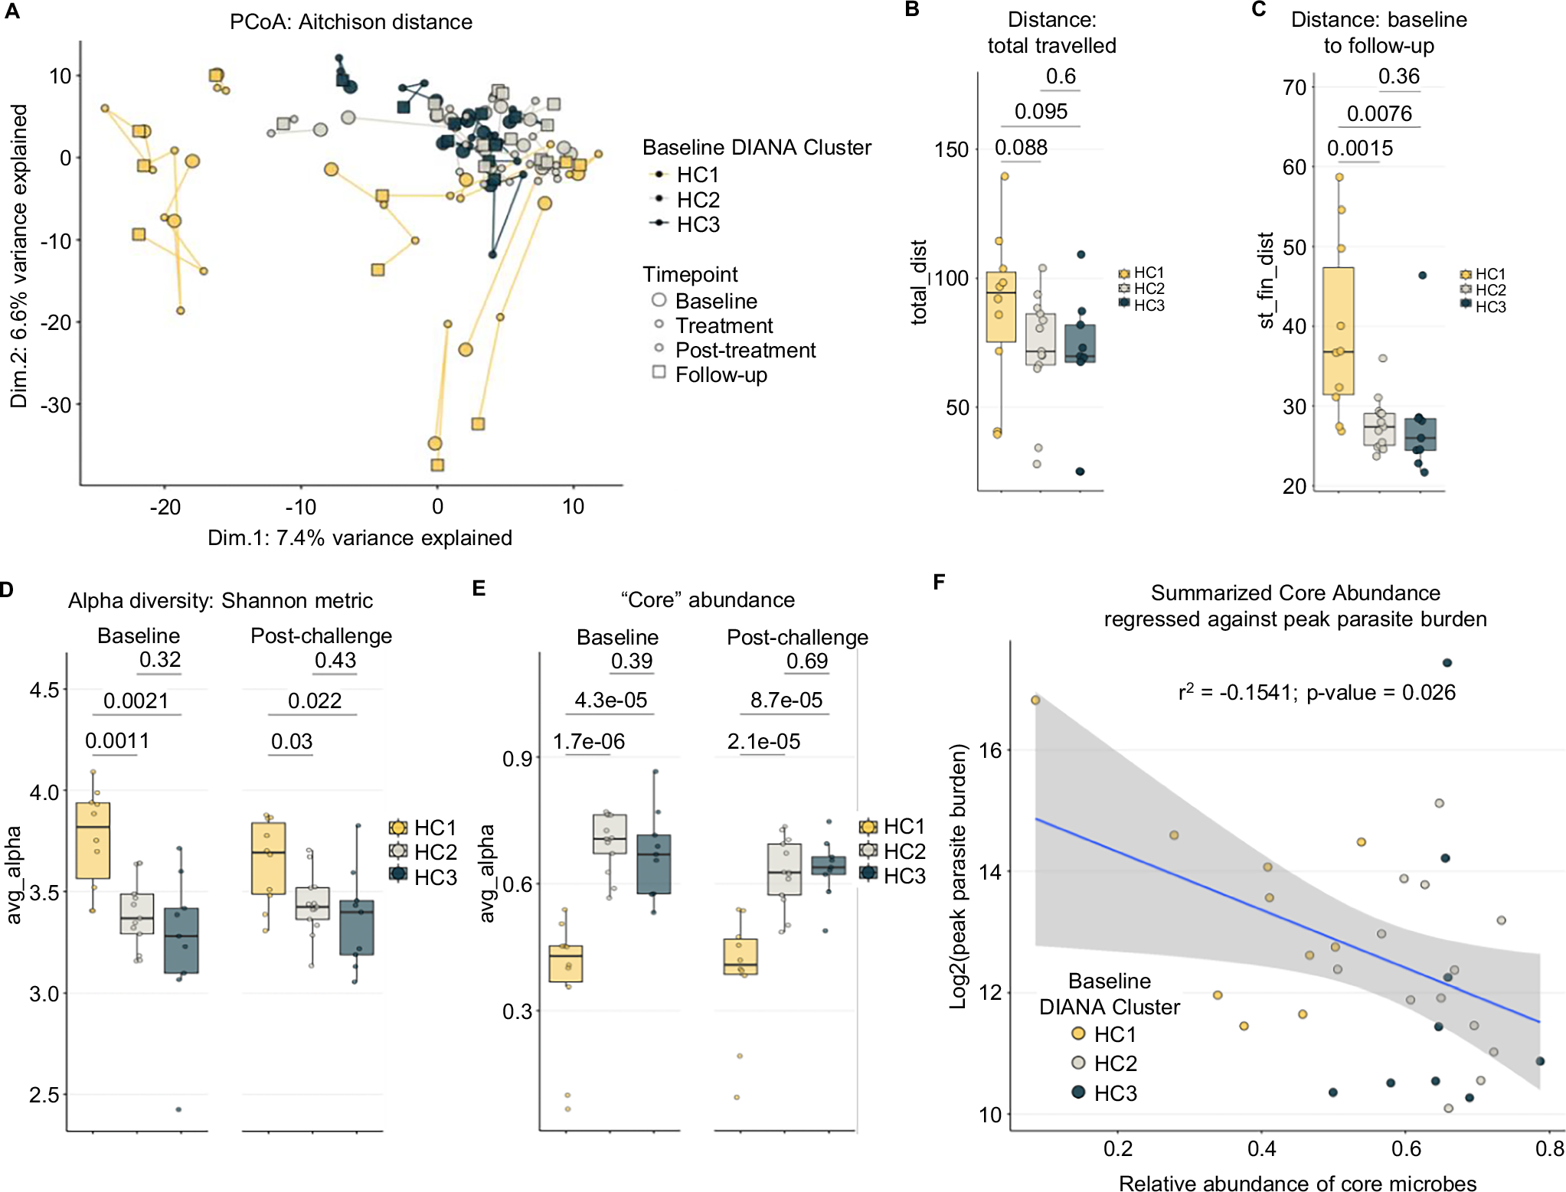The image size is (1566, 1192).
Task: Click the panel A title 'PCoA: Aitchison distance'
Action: pos(351,21)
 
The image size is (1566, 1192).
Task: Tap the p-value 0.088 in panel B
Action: pos(1021,147)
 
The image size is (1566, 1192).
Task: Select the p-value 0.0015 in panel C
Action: pos(1359,148)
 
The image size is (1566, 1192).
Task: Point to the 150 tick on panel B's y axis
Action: pos(952,149)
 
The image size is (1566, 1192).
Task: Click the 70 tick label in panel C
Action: pos(1294,87)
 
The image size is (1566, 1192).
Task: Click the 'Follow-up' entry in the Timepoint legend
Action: pos(721,374)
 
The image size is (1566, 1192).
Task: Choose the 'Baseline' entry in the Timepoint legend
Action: pos(715,301)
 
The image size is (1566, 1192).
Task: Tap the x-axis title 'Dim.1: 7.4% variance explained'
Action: pos(360,537)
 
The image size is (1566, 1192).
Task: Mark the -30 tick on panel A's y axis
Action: pos(55,404)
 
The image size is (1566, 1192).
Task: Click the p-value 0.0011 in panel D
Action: pos(116,740)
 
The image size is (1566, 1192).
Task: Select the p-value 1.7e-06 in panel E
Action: pos(588,741)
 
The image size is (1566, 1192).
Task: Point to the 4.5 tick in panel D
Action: pos(44,690)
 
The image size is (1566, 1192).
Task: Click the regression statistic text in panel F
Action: pos(1316,692)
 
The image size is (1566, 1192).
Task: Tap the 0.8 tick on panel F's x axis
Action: pos(1550,1148)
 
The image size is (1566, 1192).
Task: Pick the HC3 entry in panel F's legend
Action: pos(1115,1093)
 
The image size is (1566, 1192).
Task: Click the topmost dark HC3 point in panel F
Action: pos(1447,662)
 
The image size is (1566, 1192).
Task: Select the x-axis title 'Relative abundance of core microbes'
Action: pos(1297,1183)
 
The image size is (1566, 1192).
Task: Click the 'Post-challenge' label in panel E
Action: pos(797,637)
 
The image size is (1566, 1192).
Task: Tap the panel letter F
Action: pos(940,583)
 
